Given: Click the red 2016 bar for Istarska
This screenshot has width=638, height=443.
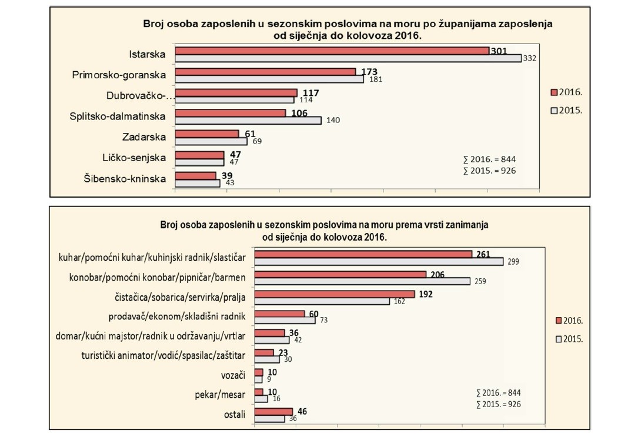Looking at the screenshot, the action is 332,51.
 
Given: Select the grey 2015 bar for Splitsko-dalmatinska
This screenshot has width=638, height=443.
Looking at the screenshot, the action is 248,120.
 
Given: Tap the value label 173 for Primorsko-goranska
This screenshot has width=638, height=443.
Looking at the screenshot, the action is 369,72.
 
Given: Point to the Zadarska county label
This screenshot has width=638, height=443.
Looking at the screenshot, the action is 144,137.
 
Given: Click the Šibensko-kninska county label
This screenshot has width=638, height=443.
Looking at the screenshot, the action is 125,179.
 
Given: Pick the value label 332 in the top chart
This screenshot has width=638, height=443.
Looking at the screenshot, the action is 530,58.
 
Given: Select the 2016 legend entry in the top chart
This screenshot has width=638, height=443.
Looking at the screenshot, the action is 566,92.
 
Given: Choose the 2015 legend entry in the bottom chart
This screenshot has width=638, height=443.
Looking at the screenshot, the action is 569,339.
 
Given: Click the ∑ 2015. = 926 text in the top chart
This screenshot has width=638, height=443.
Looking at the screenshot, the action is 489,171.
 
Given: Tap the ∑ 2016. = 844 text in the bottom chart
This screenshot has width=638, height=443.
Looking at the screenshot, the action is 499,393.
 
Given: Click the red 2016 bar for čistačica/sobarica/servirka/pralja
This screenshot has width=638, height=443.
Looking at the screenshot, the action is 335,294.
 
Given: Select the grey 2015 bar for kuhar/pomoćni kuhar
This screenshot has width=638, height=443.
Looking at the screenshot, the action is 379,261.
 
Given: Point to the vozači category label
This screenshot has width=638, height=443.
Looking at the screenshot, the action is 233,375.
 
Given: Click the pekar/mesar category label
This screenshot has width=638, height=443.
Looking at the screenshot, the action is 220,395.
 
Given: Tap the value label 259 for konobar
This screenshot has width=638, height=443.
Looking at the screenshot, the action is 480,281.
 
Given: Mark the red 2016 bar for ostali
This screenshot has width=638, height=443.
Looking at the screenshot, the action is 273,412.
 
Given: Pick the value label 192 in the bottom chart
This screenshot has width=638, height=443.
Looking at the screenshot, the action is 426,294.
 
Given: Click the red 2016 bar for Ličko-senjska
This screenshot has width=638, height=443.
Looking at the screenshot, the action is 200,155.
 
